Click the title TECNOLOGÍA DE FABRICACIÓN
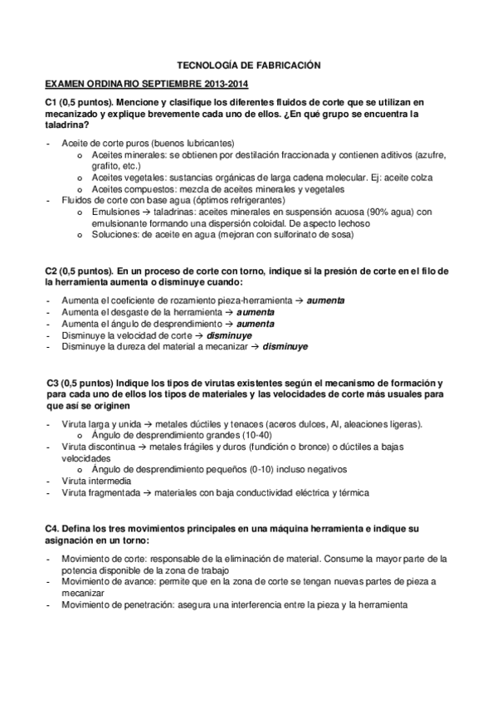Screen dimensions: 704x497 coord(249,64)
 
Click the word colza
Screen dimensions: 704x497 coord(445,177)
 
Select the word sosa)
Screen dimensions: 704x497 coord(339,235)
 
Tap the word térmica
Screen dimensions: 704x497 coord(349,492)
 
